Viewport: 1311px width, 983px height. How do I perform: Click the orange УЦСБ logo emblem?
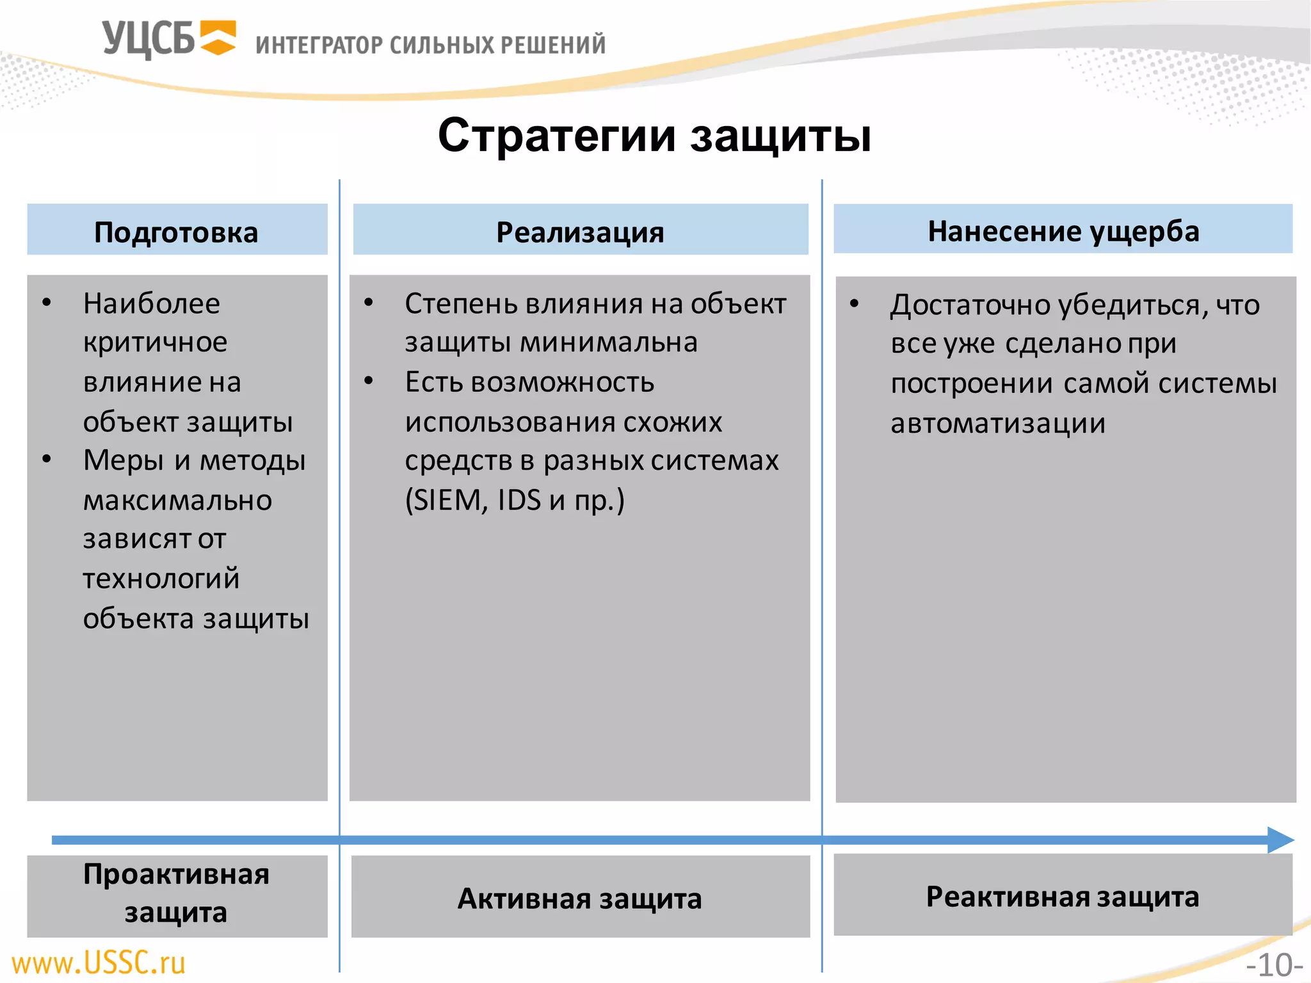click(x=218, y=38)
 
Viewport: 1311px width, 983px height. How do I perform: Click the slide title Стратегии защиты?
click(x=654, y=136)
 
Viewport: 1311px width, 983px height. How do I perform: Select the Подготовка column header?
click(x=177, y=231)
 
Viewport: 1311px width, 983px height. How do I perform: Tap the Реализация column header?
click(x=580, y=231)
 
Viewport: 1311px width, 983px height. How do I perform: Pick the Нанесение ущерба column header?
click(x=1063, y=230)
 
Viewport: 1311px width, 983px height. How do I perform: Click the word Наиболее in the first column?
click(x=152, y=303)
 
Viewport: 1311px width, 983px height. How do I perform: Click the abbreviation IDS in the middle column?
click(x=519, y=500)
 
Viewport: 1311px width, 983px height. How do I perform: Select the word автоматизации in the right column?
click(x=997, y=424)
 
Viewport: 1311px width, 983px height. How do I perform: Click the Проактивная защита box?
click(x=177, y=894)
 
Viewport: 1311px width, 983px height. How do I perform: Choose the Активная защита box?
click(x=580, y=898)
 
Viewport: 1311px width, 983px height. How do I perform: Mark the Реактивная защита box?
click(x=1063, y=896)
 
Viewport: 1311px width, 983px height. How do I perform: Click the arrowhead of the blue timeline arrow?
click(x=1280, y=840)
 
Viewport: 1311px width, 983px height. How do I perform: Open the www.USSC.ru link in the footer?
click(x=99, y=963)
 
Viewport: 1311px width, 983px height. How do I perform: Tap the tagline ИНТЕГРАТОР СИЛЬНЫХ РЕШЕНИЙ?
click(x=430, y=45)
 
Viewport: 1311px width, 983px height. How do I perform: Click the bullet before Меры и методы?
click(x=47, y=460)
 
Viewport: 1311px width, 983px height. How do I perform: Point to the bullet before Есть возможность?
click(x=369, y=381)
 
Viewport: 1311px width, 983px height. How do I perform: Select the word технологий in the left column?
click(x=161, y=579)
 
